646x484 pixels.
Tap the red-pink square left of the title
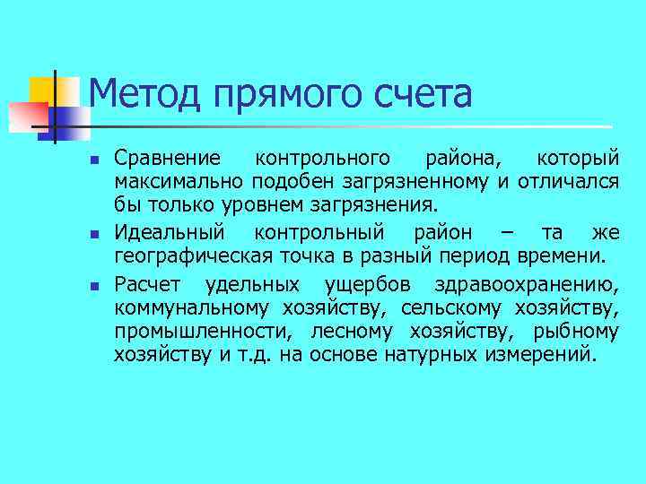28,116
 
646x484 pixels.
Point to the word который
578,159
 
